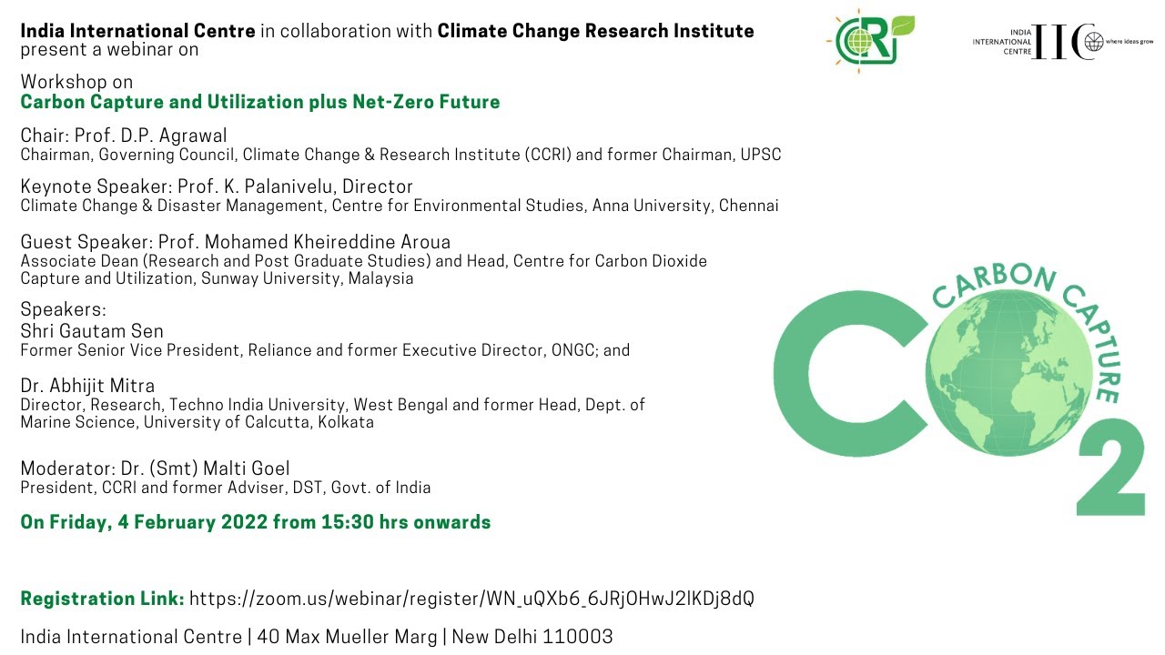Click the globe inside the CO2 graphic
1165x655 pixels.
pyautogui.click(x=1008, y=372)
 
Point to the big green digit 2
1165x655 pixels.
pyautogui.click(x=1111, y=467)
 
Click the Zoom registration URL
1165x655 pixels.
pyautogui.click(x=471, y=599)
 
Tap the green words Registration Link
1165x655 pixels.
pyautogui.click(x=103, y=599)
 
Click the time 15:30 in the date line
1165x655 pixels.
pyautogui.click(x=347, y=522)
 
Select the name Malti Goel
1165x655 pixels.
pyautogui.click(x=246, y=469)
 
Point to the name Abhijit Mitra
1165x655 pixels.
pyautogui.click(x=102, y=386)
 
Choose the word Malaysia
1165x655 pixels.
pyautogui.click(x=380, y=278)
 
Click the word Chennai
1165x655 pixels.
pyautogui.click(x=748, y=206)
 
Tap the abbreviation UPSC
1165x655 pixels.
pyautogui.click(x=760, y=155)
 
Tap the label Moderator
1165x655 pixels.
pyautogui.click(x=67, y=469)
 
